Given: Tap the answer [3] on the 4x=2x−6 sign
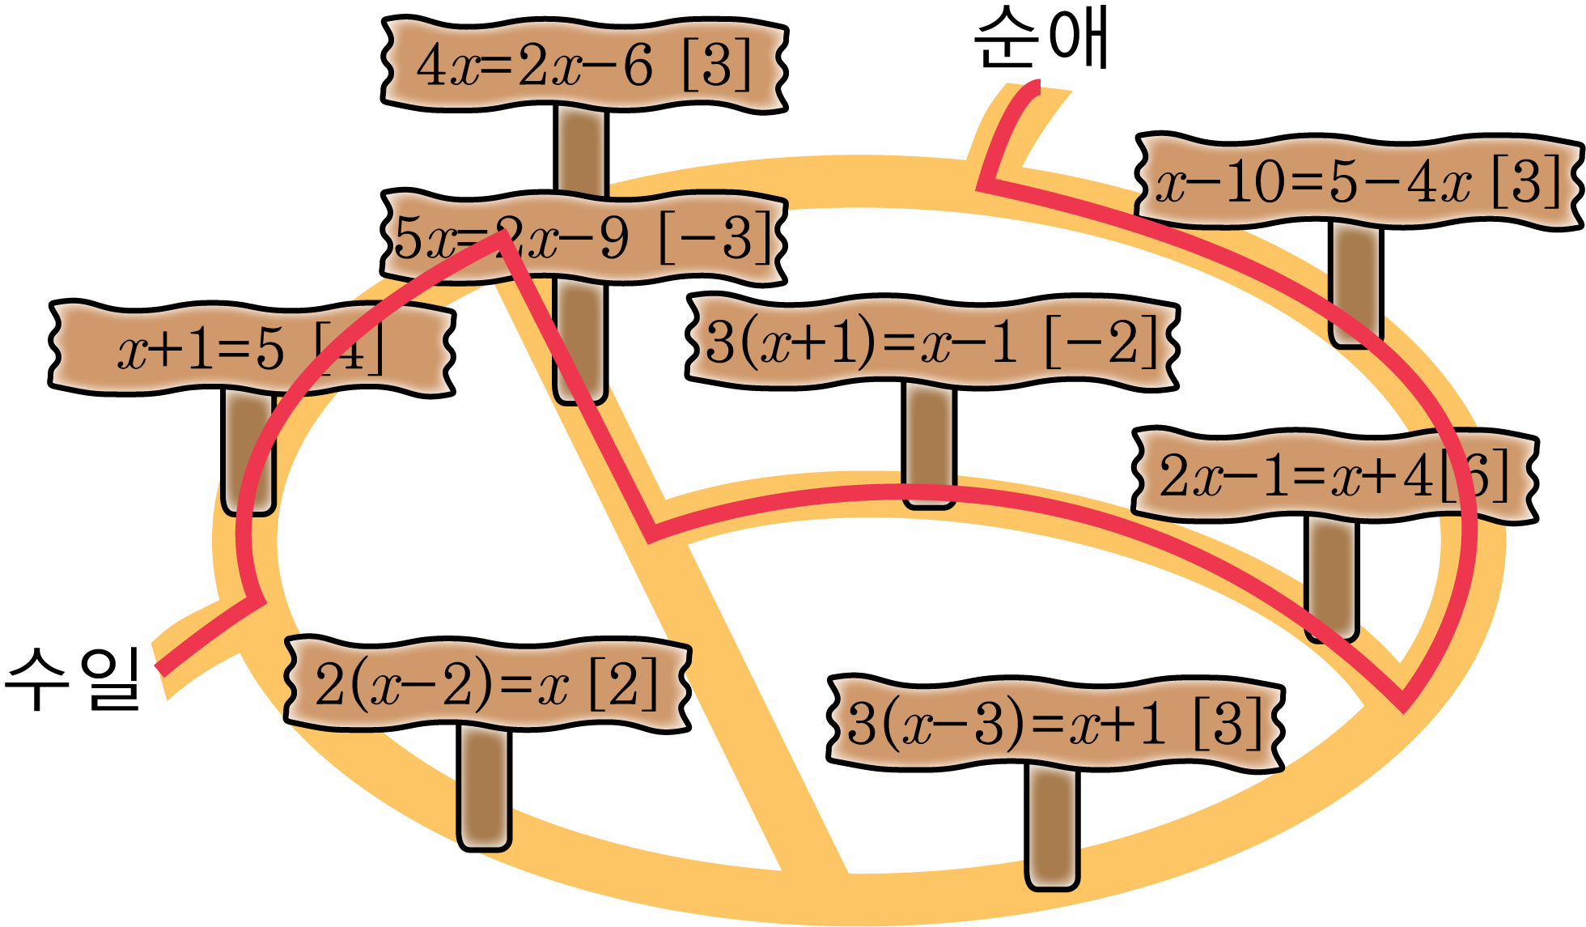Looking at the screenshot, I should (717, 65).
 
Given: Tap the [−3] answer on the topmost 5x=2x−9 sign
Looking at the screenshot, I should (715, 238).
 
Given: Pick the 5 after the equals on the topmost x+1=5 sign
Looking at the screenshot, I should (269, 350).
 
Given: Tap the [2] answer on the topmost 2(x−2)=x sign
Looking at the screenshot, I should (623, 684).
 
